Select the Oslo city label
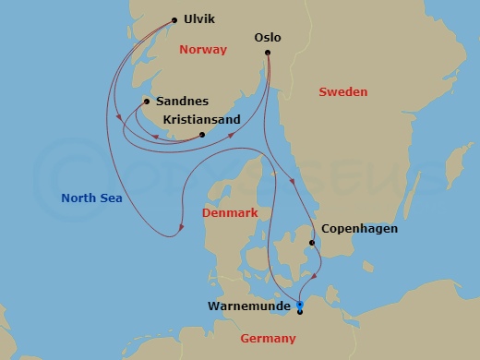coord(267,38)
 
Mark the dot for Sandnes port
coord(147,102)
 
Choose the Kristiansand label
coord(201,120)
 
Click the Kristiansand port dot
coord(202,136)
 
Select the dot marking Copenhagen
coord(312,244)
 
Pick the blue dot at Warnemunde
coord(299,304)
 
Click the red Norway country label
coord(203,50)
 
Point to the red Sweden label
coord(342,92)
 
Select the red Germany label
coord(268,340)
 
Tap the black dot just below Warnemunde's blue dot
coord(300,312)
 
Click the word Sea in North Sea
coord(112,197)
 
